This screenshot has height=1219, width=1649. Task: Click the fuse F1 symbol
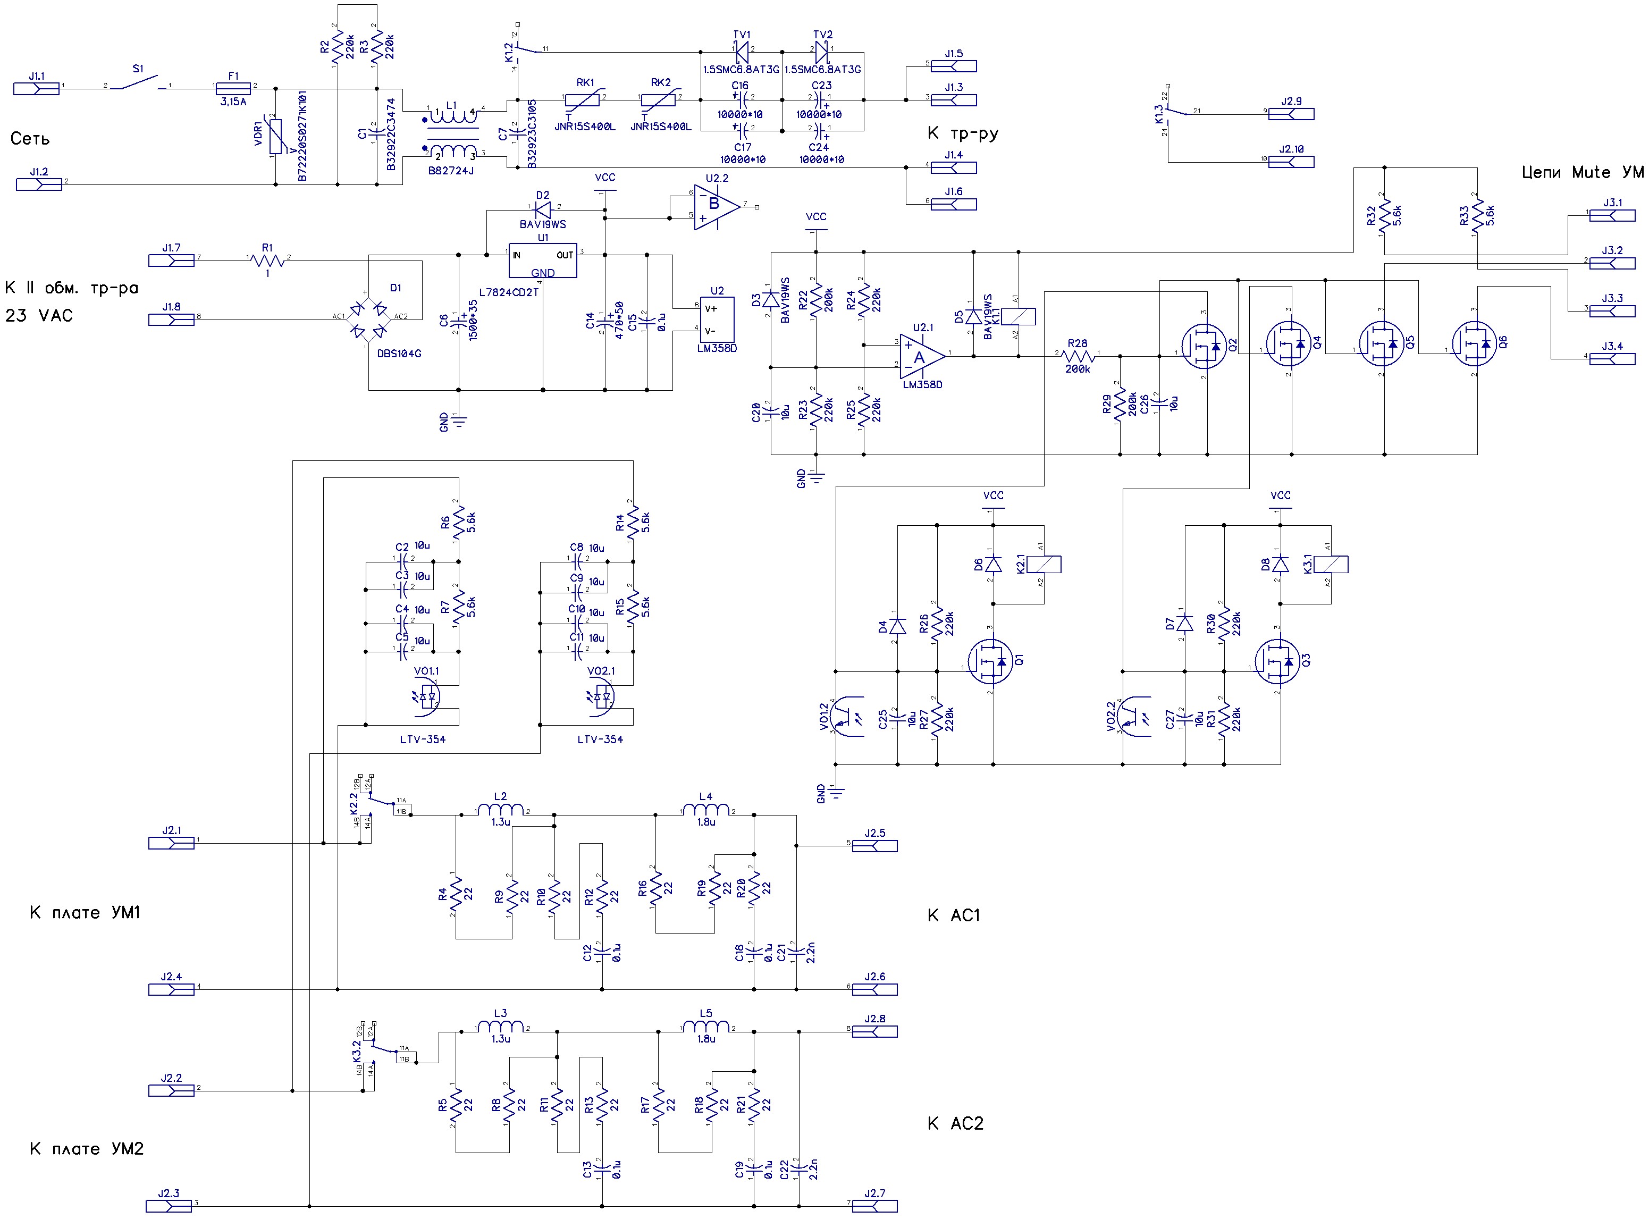pos(234,86)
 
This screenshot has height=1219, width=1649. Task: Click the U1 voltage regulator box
pos(543,260)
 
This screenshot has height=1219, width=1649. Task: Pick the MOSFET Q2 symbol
pos(1204,344)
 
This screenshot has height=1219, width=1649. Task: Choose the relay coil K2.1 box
pos(1044,565)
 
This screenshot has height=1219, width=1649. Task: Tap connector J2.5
pos(874,846)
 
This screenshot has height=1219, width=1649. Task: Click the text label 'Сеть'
pos(30,139)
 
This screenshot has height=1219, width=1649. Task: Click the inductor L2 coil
pos(501,810)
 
